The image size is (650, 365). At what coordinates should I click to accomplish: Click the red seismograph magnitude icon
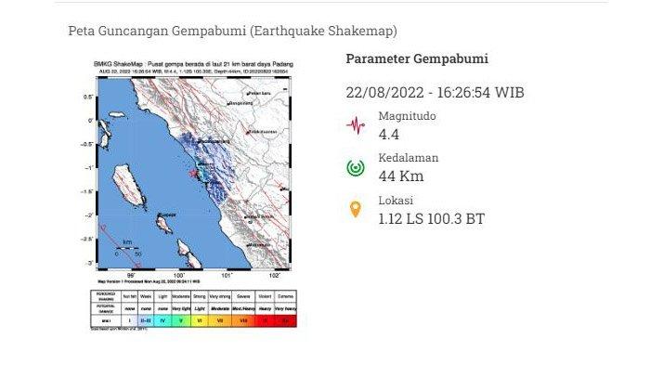coord(355,124)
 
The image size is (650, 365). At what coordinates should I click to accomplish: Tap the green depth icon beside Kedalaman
coord(355,167)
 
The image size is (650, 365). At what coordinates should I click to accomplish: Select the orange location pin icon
coord(355,210)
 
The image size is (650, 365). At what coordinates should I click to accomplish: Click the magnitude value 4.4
coord(389,136)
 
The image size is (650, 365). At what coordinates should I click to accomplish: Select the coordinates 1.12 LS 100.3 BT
coord(431,220)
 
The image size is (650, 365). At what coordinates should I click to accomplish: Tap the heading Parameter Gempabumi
coord(417,59)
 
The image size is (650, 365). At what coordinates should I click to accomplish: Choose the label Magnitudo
coord(407,116)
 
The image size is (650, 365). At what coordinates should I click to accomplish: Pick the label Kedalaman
coord(409,158)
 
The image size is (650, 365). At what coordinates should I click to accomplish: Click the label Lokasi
coord(396,201)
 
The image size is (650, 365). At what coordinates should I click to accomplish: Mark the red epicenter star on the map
coord(193,174)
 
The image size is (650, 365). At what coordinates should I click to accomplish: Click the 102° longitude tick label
coord(275,275)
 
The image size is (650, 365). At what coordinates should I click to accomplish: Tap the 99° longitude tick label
coord(132,275)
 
